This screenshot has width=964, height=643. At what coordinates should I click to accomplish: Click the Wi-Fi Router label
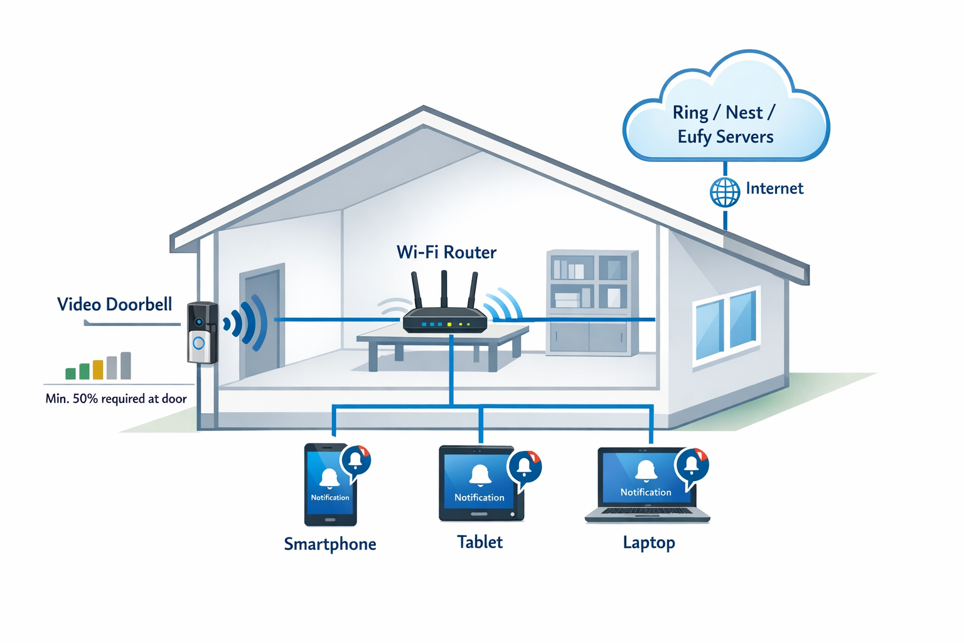(446, 252)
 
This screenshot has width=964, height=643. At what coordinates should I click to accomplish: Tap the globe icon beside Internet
(725, 192)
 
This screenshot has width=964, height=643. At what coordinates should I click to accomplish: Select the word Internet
(774, 188)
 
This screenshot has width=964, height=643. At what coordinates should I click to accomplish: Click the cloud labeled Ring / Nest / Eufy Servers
(726, 113)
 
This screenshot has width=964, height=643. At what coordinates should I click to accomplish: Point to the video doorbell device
(202, 333)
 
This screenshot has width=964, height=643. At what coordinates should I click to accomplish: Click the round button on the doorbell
(199, 343)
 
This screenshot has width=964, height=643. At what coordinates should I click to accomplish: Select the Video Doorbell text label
(114, 305)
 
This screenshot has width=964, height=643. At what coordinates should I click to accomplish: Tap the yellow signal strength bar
(98, 370)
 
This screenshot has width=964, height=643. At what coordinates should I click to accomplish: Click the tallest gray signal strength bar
(126, 365)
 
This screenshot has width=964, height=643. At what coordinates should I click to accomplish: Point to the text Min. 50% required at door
(116, 399)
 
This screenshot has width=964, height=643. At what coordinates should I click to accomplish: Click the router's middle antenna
(444, 289)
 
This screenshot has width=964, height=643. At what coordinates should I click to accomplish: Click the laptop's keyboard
(646, 511)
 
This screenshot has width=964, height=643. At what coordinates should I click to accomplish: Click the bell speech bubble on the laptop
(691, 465)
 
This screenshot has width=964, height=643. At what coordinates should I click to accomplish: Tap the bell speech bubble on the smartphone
(355, 460)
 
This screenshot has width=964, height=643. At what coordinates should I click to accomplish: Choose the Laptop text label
(649, 543)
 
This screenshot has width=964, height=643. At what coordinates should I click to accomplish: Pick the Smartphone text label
(330, 544)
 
